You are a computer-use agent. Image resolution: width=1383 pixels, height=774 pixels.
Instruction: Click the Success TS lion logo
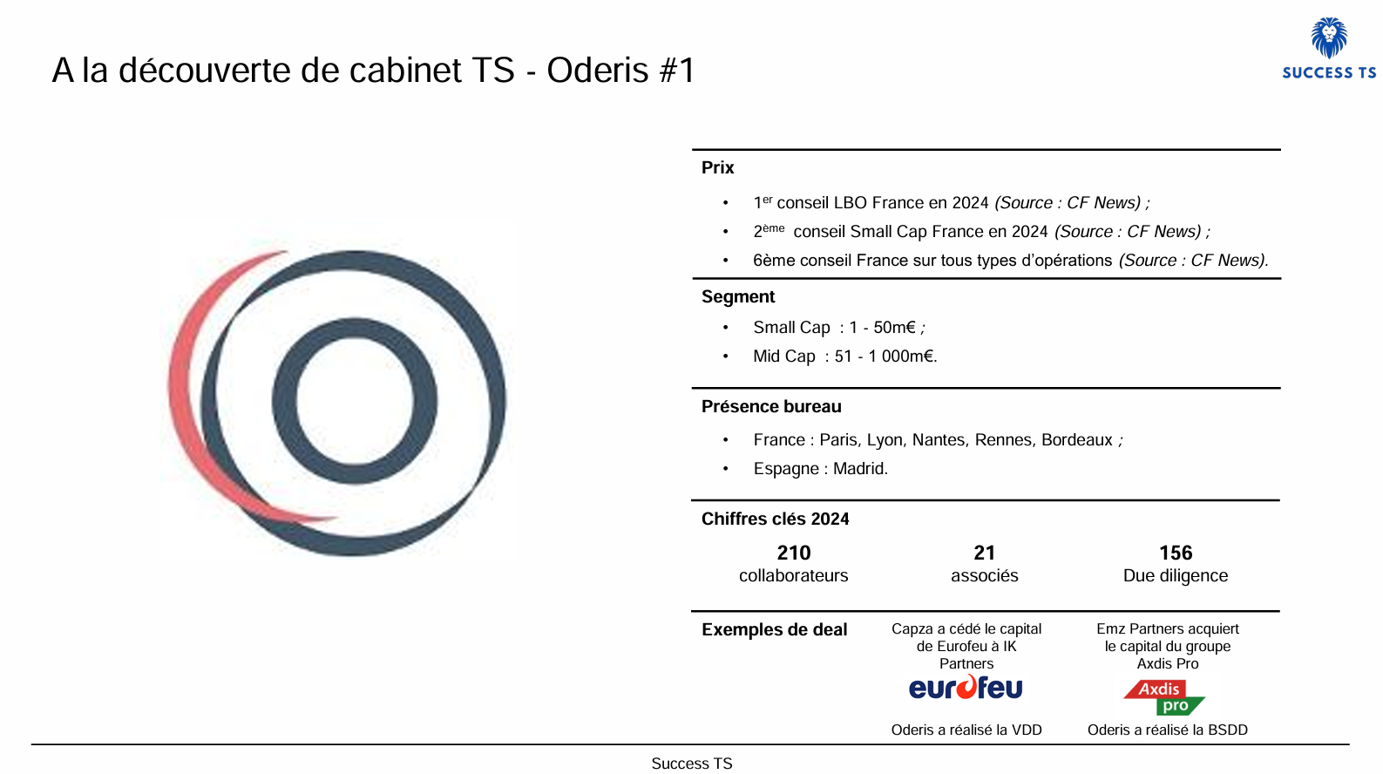[1329, 39]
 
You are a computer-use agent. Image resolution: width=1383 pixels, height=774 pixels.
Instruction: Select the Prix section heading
[717, 167]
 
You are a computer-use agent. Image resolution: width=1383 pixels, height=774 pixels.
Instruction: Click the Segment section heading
[738, 296]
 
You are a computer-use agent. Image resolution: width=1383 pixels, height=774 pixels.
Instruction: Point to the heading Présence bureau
[771, 406]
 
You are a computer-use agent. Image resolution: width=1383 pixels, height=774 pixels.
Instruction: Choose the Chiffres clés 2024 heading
[775, 519]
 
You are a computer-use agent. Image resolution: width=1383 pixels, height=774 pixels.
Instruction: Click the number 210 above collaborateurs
[793, 553]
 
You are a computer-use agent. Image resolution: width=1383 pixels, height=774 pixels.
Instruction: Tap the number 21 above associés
[984, 553]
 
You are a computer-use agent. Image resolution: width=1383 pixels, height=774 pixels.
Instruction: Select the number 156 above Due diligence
[1175, 553]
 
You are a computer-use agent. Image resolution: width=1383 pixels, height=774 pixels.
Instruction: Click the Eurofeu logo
[966, 688]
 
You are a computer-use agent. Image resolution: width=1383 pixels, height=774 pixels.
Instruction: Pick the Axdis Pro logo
[1164, 697]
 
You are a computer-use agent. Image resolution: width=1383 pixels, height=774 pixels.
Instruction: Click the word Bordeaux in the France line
[1077, 440]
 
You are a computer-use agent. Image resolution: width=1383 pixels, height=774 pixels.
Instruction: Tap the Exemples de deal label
[774, 629]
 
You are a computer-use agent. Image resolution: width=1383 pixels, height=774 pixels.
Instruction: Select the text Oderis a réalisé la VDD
[966, 730]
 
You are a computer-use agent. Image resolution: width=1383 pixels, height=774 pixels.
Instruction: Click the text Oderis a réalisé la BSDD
[1167, 730]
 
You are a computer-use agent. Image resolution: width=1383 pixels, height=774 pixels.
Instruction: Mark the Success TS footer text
[692, 764]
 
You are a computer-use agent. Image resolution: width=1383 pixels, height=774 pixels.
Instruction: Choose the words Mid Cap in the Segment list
[784, 356]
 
